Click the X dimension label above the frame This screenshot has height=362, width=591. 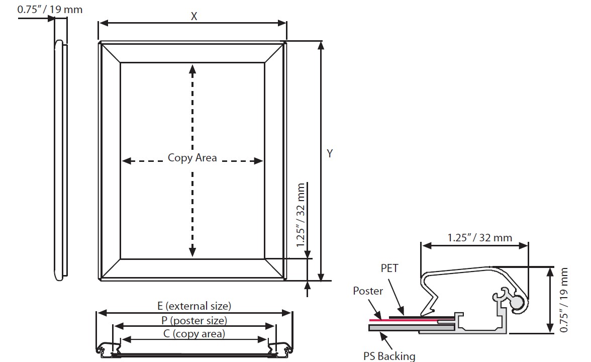(194, 16)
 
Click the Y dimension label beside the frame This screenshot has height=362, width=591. (330, 154)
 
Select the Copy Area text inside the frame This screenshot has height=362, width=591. (192, 158)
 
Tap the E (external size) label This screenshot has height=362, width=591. (194, 306)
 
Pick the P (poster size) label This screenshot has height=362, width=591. (194, 320)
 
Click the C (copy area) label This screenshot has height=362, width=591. (194, 333)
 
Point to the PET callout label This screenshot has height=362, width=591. (389, 268)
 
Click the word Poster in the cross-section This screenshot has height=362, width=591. (368, 291)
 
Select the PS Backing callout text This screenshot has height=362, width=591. (389, 356)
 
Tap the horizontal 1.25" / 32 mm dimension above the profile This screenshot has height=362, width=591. (480, 237)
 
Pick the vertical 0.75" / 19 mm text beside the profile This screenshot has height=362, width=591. (564, 300)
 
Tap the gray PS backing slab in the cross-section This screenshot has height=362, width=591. (402, 328)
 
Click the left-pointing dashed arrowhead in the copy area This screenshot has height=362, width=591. (127, 161)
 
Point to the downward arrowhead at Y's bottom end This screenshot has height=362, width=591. (322, 276)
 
